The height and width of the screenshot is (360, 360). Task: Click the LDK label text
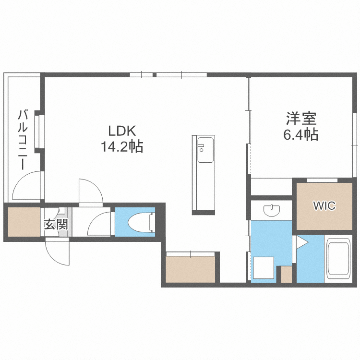(x=122, y=131)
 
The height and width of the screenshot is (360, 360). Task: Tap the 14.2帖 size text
(x=122, y=146)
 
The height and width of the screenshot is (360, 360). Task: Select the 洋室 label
(x=301, y=118)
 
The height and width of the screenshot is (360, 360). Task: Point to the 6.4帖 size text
(x=301, y=134)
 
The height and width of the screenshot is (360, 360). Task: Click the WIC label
(x=324, y=206)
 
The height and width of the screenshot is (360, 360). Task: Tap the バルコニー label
(x=23, y=140)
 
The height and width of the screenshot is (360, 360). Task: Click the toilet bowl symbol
(x=140, y=222)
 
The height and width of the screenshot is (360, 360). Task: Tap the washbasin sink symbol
(x=272, y=210)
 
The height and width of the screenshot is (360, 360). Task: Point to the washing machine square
(x=264, y=268)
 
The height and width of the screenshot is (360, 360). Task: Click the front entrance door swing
(x=58, y=252)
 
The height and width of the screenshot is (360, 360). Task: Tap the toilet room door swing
(x=101, y=224)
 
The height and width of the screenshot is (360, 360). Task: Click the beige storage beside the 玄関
(x=24, y=222)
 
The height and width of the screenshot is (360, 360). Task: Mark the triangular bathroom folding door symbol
(x=302, y=242)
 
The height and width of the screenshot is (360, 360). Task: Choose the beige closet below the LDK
(x=191, y=269)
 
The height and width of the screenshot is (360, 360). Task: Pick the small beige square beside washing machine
(x=287, y=275)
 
